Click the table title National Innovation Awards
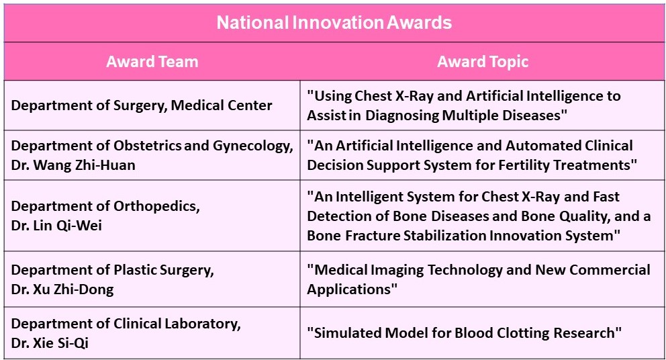334,23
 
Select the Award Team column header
152,62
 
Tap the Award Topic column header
483,62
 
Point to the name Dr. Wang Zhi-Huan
73,165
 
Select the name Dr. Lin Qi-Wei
56,225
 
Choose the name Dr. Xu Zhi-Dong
62,289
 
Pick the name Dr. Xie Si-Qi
50,343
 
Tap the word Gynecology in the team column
252,146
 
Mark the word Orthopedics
156,207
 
